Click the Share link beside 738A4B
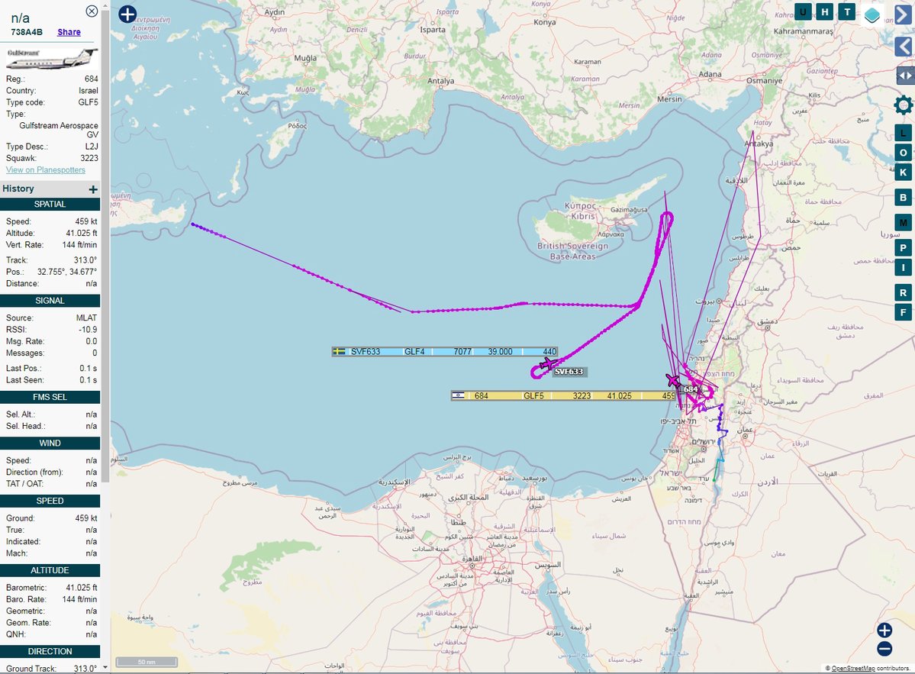[69, 32]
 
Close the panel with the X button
[92, 11]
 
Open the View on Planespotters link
[46, 169]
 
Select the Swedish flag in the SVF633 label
[340, 352]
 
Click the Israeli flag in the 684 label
[458, 395]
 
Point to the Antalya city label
[440, 81]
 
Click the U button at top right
[803, 11]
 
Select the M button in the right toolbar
[904, 223]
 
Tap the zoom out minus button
[884, 650]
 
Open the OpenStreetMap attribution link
[852, 668]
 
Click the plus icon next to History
[93, 189]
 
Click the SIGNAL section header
[50, 301]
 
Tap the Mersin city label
[669, 99]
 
